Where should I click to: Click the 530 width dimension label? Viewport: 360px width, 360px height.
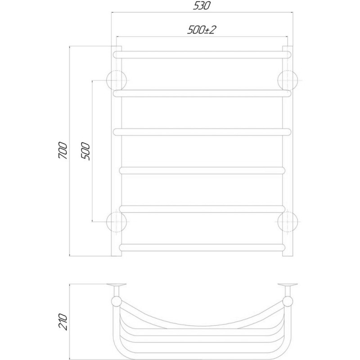(x=201, y=5)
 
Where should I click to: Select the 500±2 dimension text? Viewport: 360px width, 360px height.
(x=202, y=30)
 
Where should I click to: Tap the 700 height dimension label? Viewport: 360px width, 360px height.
(x=63, y=151)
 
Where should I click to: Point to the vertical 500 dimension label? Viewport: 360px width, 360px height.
(x=85, y=151)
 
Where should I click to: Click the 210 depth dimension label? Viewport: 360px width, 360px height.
(x=63, y=322)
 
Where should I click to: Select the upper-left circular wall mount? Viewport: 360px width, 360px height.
(x=117, y=81)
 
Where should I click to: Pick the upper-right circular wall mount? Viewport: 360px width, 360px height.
(x=288, y=81)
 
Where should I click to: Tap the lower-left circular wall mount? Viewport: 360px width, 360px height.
(x=117, y=222)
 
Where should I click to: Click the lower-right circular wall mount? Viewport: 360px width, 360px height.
(x=288, y=222)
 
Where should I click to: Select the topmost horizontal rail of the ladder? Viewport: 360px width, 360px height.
(x=202, y=54)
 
